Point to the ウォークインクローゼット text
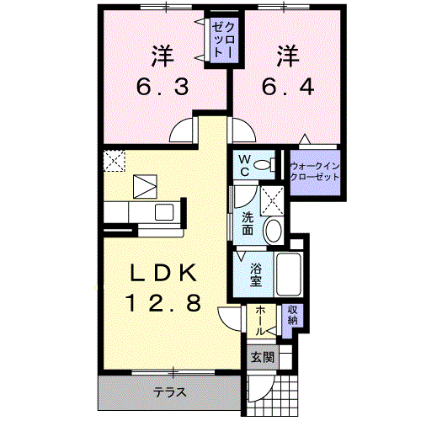coord(314,172)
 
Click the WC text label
coord(242,165)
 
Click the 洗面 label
coord(247,224)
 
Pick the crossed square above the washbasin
coord(272,200)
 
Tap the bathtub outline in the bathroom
coord(289,272)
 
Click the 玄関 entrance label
coord(262,357)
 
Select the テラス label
coord(168,392)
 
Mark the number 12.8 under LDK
coord(163,303)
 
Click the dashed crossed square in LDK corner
coord(114,159)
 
